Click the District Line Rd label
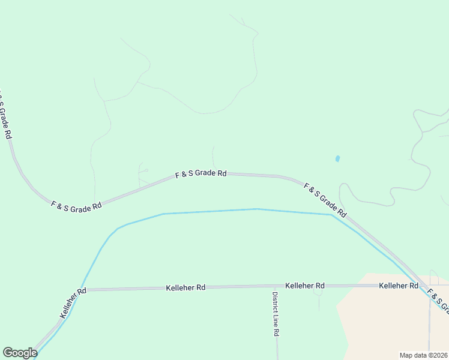pyautogui.click(x=276, y=314)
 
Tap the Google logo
pyautogui.click(x=20, y=353)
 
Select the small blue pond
pyautogui.click(x=337, y=159)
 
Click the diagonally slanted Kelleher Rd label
pyautogui.click(x=73, y=302)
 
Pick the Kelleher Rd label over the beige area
pyautogui.click(x=399, y=286)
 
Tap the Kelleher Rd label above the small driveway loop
pyautogui.click(x=305, y=286)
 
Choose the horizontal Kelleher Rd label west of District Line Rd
pyautogui.click(x=185, y=288)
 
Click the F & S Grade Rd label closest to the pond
pyautogui.click(x=325, y=200)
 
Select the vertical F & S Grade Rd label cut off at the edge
pyautogui.click(x=5, y=116)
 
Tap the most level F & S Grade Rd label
pyautogui.click(x=200, y=174)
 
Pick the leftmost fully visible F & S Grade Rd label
pyautogui.click(x=76, y=207)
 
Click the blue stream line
pyautogui.click(x=210, y=211)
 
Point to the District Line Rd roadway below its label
pyautogui.click(x=277, y=348)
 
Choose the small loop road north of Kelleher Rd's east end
pyautogui.click(x=433, y=277)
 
